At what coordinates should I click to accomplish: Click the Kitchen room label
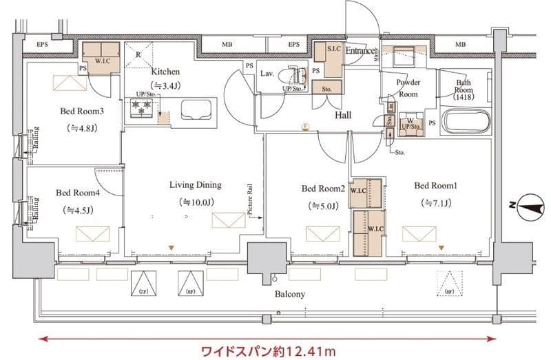click(165, 71)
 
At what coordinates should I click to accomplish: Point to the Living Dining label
click(196, 184)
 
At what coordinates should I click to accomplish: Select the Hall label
click(343, 115)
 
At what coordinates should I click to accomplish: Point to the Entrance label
click(360, 51)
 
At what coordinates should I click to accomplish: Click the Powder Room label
click(408, 88)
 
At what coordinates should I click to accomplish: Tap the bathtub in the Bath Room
click(466, 123)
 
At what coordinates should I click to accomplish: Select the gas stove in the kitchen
click(143, 109)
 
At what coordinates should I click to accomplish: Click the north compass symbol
click(527, 204)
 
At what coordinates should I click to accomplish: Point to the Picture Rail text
click(250, 200)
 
